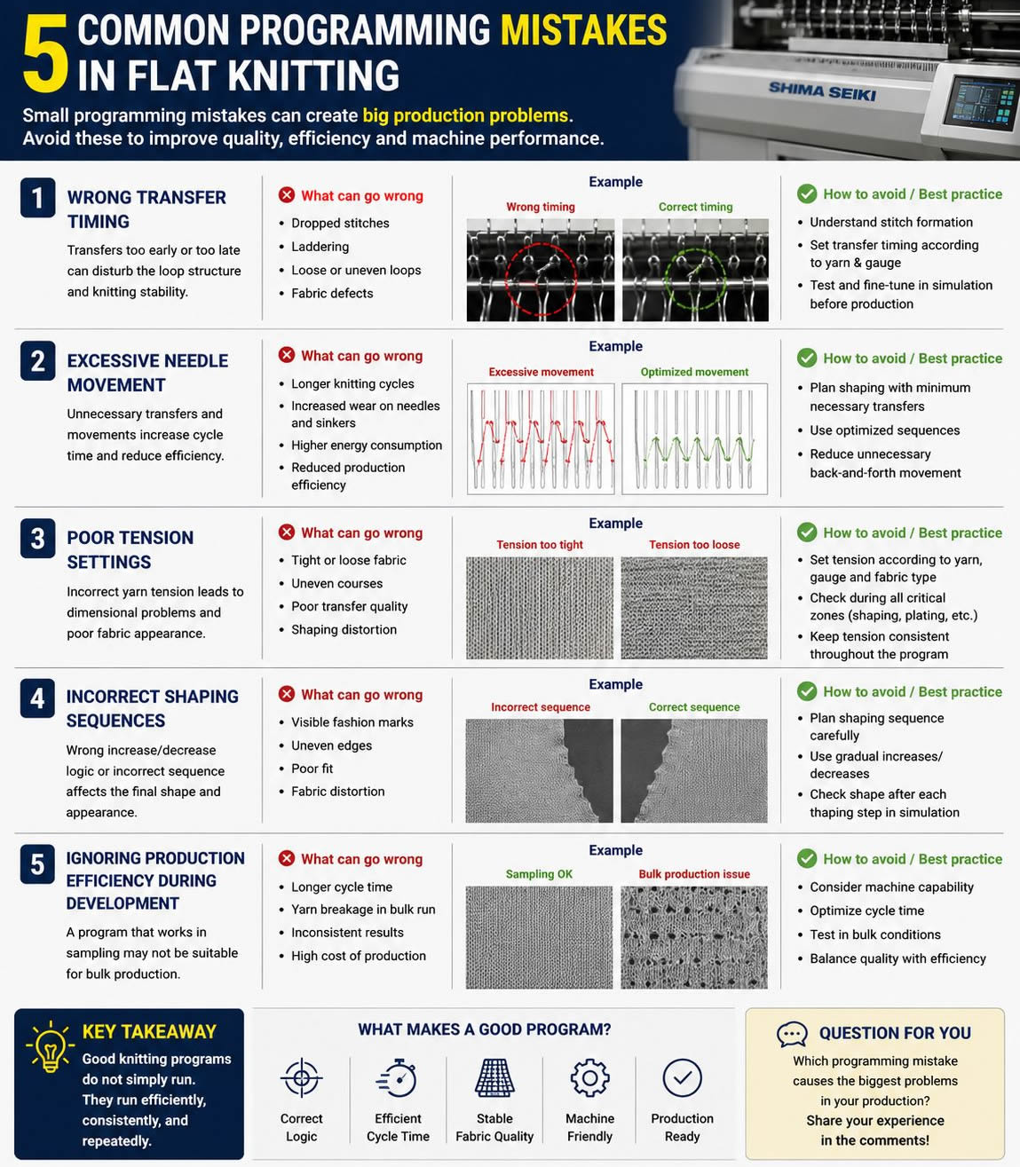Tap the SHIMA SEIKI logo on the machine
click(822, 91)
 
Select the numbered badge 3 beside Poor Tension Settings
click(37, 538)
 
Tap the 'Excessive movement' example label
click(541, 372)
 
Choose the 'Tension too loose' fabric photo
click(694, 608)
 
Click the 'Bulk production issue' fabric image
click(694, 937)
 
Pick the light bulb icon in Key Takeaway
click(51, 1047)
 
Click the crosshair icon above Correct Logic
click(301, 1077)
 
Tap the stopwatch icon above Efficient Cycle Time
click(397, 1077)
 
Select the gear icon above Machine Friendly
click(589, 1077)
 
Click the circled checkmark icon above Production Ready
click(682, 1077)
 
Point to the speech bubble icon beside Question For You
click(793, 1034)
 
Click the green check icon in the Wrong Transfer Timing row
click(807, 194)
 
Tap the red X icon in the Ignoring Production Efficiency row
click(287, 858)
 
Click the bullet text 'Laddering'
click(320, 247)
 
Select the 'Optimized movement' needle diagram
click(694, 438)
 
